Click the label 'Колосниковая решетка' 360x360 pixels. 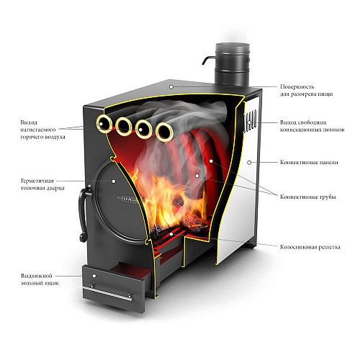click(310, 247)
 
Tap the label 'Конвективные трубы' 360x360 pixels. click(308, 197)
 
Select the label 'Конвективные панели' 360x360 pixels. click(309, 162)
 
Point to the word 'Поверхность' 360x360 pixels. click(297, 86)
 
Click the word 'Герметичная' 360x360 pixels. click(37, 181)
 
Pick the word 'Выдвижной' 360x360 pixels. click(37, 276)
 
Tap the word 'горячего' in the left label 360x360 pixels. click(31, 137)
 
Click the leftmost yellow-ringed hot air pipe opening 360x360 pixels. click(104, 124)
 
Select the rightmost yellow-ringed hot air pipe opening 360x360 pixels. click(164, 132)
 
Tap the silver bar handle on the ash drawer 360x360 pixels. click(107, 292)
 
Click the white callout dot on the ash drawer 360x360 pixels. click(94, 276)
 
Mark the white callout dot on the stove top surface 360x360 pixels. click(171, 87)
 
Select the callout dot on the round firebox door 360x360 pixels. click(114, 181)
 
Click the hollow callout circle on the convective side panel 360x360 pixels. click(249, 163)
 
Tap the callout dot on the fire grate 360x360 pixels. click(171, 234)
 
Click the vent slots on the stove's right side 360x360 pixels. click(251, 121)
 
